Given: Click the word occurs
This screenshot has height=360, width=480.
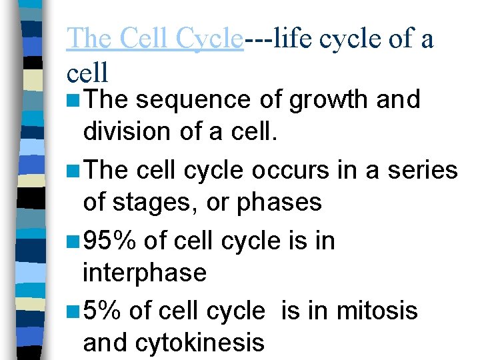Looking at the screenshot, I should (x=291, y=171).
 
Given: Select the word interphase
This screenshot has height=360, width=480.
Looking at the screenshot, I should (x=145, y=273).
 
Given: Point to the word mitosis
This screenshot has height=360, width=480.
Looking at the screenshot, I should (x=379, y=311).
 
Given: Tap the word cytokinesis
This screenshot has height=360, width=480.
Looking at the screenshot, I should (x=200, y=343).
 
